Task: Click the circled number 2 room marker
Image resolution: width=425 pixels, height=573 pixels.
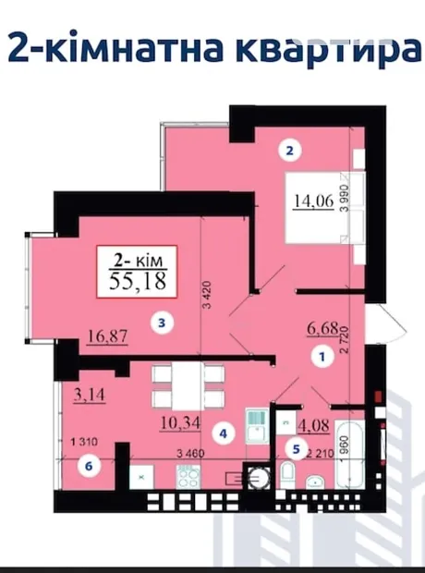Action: coord(289,151)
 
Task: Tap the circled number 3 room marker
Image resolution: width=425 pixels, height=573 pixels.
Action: coord(162,323)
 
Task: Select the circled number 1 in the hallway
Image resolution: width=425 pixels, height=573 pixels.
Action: coord(322,357)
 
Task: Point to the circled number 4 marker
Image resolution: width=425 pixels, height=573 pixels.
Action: coord(223,433)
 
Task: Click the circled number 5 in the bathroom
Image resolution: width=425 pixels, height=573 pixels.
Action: coord(296,449)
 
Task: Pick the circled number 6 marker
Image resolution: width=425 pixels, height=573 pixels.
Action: coord(88,466)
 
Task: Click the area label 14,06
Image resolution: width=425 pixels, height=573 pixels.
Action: coord(314,201)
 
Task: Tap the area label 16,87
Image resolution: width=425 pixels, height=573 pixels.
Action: coord(107,336)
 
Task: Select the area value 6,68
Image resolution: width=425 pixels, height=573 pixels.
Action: coord(323,329)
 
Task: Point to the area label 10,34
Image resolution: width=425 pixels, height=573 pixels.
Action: coord(180,423)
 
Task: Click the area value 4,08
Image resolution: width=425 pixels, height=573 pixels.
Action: coord(314,426)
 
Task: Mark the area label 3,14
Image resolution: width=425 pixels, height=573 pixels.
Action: coord(90,395)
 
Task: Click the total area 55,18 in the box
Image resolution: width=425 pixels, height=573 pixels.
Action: coord(138,281)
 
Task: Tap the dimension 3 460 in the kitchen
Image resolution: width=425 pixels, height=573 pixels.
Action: coord(190,454)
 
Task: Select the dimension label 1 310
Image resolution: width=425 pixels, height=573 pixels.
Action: coord(84,442)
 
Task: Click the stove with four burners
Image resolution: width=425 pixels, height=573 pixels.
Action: coord(188,477)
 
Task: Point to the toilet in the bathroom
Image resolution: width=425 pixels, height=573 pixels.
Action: coord(287,475)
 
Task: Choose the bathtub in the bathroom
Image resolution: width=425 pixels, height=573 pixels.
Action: coord(350,454)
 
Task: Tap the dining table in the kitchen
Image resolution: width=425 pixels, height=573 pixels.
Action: coord(188,386)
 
